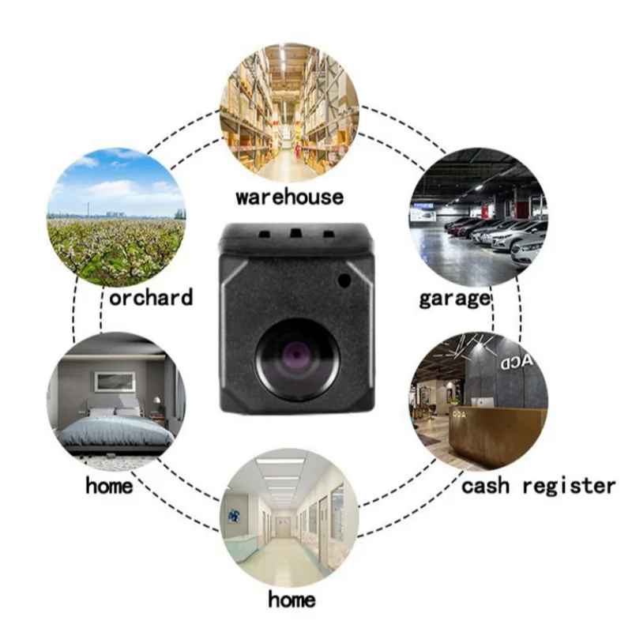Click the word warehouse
tap(289, 194)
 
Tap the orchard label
tap(151, 297)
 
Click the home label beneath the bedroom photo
tap(109, 484)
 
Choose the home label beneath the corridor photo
tap(292, 599)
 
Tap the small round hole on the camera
tap(344, 279)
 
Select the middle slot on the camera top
tap(295, 234)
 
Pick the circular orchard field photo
tap(117, 216)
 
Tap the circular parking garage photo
tap(477, 216)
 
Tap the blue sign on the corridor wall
tap(235, 516)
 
